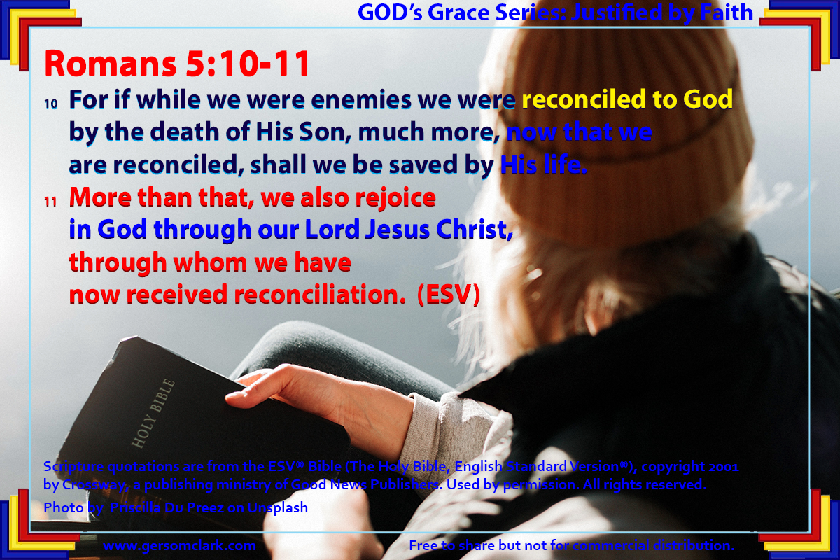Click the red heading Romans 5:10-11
click(177, 64)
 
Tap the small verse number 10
click(51, 104)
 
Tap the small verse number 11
click(50, 202)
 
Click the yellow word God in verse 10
click(708, 99)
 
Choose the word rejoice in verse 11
click(395, 198)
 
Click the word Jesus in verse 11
click(397, 230)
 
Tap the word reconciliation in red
click(319, 295)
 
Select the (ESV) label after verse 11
click(449, 295)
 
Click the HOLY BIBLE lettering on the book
click(153, 413)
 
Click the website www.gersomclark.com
click(180, 546)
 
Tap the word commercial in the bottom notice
click(611, 545)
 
